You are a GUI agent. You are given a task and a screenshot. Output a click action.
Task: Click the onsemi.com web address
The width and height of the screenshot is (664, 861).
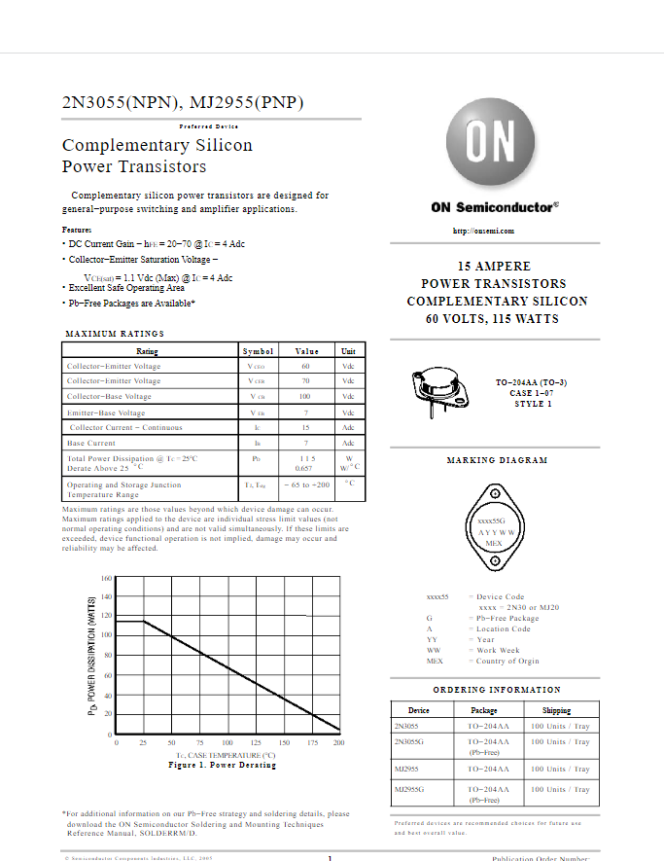coord(483,231)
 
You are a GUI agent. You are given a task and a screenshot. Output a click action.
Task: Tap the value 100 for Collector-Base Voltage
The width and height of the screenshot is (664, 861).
coord(305,397)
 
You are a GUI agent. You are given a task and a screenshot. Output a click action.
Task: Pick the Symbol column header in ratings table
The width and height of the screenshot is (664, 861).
coord(258,351)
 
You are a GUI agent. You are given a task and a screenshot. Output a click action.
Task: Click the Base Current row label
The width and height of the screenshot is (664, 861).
coord(90,443)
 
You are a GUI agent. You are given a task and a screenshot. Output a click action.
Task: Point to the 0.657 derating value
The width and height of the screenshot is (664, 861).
coord(304,468)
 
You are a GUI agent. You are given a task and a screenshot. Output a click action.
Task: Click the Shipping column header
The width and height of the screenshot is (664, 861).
coord(557,710)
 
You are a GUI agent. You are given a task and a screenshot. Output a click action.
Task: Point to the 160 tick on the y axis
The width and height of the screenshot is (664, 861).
coord(107,579)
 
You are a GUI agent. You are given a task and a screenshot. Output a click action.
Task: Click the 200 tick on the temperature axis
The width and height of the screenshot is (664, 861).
coord(338,743)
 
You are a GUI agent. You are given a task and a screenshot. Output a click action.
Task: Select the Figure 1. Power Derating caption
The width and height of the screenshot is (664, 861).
coord(222,765)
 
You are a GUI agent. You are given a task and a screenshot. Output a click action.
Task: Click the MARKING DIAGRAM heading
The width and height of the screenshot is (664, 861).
coord(497,460)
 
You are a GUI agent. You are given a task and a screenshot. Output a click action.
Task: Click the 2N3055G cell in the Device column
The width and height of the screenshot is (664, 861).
coord(410,741)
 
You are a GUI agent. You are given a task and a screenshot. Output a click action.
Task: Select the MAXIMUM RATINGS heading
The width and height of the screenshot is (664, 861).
coord(115,334)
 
